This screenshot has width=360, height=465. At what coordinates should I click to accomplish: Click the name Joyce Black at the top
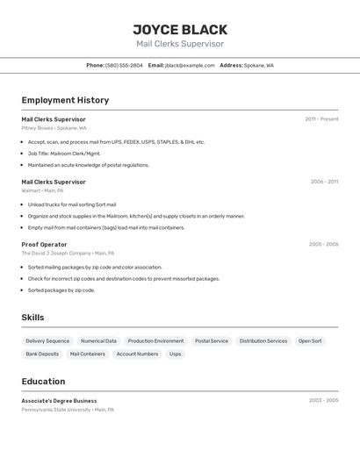tap(180, 29)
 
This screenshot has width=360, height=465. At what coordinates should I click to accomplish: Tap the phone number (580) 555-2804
tap(124, 65)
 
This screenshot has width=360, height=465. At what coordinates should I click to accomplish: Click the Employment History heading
tap(65, 100)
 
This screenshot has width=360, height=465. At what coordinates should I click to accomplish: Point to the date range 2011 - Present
tap(321, 118)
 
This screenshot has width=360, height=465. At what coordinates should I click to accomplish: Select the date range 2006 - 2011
tap(324, 182)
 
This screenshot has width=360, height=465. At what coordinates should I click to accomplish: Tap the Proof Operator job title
tap(44, 245)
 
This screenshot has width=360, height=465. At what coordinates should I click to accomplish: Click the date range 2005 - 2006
tap(323, 245)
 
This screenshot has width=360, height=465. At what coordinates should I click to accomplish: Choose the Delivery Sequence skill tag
tap(47, 340)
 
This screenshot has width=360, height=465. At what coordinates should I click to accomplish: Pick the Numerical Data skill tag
tap(98, 340)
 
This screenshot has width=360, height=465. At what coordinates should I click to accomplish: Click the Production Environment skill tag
tap(155, 340)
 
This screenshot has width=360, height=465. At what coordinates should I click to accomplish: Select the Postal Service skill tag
tap(212, 340)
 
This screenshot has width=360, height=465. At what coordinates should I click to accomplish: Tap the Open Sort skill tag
tap(310, 340)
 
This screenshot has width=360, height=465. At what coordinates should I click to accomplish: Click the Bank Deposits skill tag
tap(42, 354)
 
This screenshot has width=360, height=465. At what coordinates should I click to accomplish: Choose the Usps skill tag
tap(176, 354)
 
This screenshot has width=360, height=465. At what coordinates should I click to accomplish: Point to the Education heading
tap(43, 382)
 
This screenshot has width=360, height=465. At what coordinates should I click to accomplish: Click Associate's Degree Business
tap(59, 400)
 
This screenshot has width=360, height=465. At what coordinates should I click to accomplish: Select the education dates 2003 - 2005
tap(323, 400)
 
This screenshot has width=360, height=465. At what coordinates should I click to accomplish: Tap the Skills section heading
tap(32, 318)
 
